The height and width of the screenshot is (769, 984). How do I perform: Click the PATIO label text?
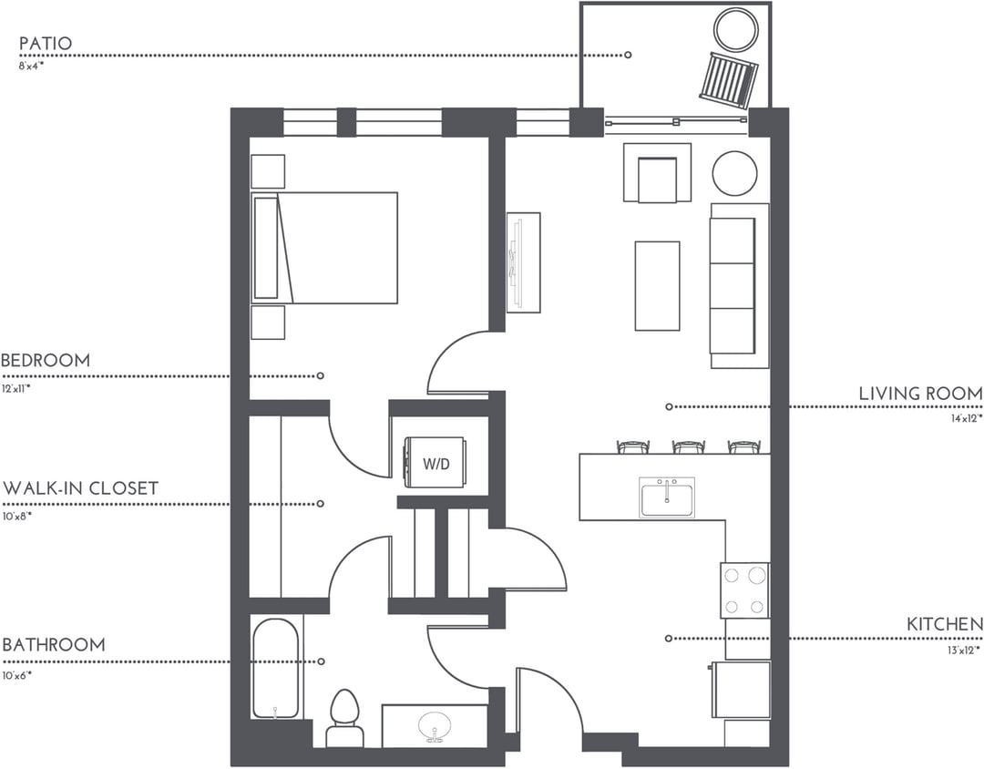click(x=46, y=44)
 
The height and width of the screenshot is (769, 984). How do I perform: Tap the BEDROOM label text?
click(x=46, y=361)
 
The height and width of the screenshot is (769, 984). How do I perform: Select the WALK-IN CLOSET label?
click(x=80, y=488)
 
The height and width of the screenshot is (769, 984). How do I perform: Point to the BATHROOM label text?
click(x=54, y=645)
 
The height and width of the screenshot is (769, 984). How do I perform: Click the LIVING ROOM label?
click(x=920, y=394)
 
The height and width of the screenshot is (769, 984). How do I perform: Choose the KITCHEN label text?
click(x=945, y=625)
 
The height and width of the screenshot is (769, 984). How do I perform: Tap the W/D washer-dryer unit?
click(x=436, y=463)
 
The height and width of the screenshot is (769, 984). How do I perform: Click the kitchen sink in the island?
click(x=667, y=497)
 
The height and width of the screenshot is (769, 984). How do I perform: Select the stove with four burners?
click(x=744, y=590)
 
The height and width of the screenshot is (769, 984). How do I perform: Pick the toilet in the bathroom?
click(x=344, y=715)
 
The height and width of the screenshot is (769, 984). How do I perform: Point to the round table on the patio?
click(x=735, y=30)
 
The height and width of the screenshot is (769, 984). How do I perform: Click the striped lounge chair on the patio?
click(x=728, y=79)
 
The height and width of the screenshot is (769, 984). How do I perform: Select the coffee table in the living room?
click(x=657, y=285)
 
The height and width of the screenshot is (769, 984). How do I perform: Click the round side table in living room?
click(x=734, y=173)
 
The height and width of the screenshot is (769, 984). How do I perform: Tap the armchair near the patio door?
click(x=657, y=175)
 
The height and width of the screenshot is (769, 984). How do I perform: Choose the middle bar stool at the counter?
click(x=689, y=446)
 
